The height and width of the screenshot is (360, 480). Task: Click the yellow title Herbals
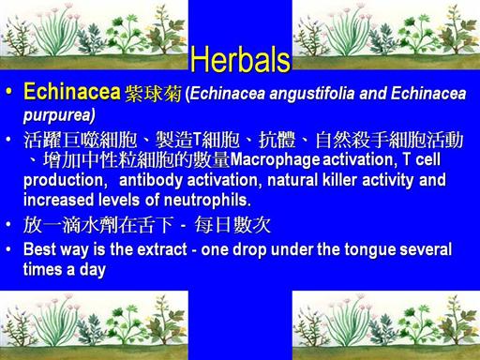tap(240, 59)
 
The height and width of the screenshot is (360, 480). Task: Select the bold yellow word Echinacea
tap(72, 92)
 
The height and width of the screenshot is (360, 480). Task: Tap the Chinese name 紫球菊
tap(153, 94)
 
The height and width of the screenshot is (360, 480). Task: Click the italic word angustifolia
tap(312, 93)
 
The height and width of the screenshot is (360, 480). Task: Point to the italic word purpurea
tap(58, 115)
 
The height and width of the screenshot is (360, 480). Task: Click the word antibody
tap(151, 180)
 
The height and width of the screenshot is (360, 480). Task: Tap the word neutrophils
tap(206, 200)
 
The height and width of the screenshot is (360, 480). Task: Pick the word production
tap(64, 180)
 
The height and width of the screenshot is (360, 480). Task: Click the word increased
tap(58, 200)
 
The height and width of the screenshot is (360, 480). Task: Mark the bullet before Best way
tap(8, 249)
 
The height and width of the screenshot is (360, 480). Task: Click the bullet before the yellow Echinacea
tap(9, 92)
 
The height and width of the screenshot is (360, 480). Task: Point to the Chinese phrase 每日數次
tap(232, 225)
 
